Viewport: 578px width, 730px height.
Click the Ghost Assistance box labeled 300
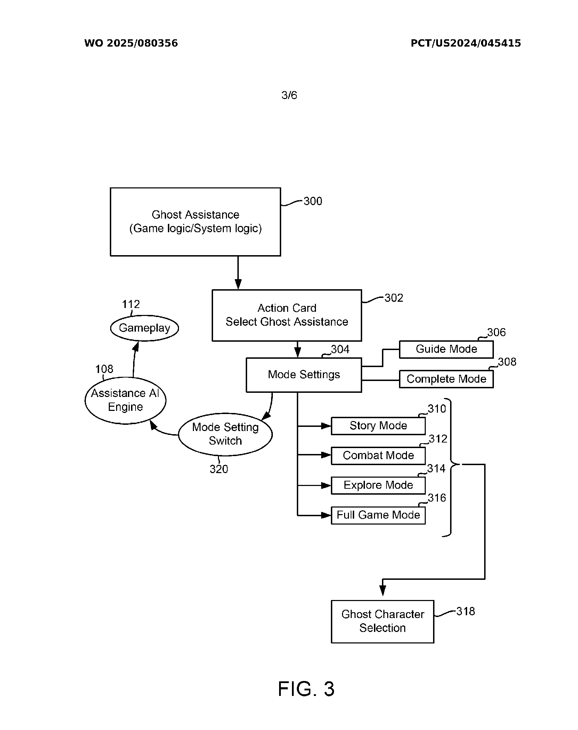click(195, 222)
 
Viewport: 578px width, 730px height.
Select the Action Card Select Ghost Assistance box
click(287, 315)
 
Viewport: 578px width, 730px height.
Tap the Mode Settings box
click(304, 375)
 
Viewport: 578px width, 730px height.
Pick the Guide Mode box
click(446, 349)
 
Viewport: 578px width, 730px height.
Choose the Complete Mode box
click(446, 379)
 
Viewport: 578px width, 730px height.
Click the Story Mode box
click(378, 426)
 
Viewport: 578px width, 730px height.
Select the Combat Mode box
click(378, 455)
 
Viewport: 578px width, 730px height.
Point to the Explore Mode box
click(378, 485)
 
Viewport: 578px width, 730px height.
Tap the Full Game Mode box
click(378, 515)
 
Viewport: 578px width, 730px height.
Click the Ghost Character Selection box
click(382, 621)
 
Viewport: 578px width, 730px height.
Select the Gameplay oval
click(144, 328)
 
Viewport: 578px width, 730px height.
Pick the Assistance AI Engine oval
click(125, 400)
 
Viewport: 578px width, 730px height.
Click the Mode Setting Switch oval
click(225, 434)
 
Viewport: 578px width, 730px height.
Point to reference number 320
click(219, 469)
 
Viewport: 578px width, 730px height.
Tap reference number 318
click(465, 611)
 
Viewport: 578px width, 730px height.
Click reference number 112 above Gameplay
click(131, 304)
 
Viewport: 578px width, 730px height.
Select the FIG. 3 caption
click(306, 689)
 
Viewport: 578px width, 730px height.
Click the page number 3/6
click(289, 95)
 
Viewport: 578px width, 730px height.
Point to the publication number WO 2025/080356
click(131, 43)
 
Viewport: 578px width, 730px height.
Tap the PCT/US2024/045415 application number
click(466, 43)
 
